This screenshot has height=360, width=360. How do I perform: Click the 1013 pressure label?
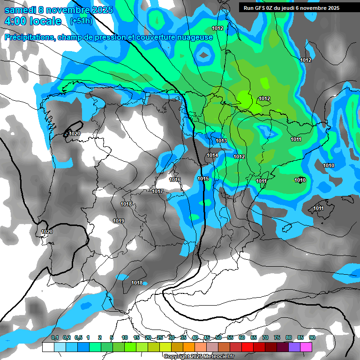(222, 141)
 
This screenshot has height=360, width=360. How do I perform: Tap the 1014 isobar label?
(212, 155)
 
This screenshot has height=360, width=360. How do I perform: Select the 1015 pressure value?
(203, 179)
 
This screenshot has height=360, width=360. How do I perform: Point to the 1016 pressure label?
(175, 180)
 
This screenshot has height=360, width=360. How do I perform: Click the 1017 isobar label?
(157, 191)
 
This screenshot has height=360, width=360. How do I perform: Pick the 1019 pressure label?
(119, 221)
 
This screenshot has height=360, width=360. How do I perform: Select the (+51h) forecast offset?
(81, 21)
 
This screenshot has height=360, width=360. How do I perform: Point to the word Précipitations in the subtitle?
(29, 37)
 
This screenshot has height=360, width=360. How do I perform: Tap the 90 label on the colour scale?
(312, 337)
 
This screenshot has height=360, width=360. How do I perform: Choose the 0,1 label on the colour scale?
(55, 337)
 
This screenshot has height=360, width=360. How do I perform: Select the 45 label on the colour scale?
(207, 337)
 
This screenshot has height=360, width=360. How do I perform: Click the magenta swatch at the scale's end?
(306, 347)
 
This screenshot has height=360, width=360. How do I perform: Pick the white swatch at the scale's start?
(48, 347)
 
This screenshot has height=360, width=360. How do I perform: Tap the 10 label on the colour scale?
(125, 337)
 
